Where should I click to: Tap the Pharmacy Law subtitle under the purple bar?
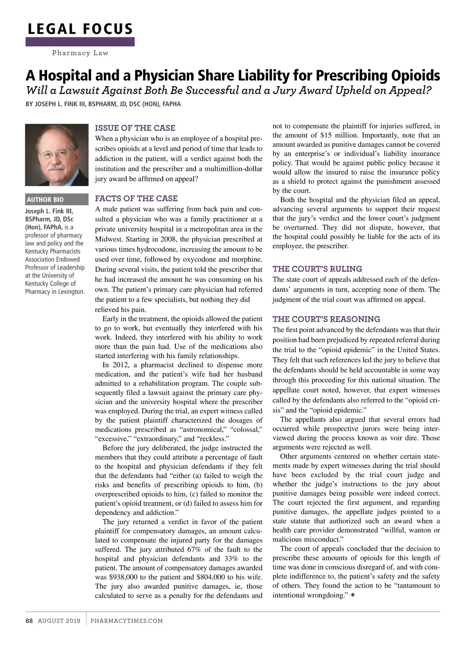[80, 53]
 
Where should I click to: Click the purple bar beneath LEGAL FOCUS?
[80, 42]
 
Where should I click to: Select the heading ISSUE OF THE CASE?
[135, 128]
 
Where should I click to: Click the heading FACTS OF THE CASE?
[136, 199]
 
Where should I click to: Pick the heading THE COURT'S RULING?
[317, 269]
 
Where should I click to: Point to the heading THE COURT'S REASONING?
[326, 319]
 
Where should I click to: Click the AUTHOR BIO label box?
[57, 200]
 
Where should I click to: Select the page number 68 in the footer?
[29, 621]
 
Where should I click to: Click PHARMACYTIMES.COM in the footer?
[127, 621]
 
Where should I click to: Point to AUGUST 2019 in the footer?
[59, 621]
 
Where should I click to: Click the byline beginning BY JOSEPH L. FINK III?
[103, 104]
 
